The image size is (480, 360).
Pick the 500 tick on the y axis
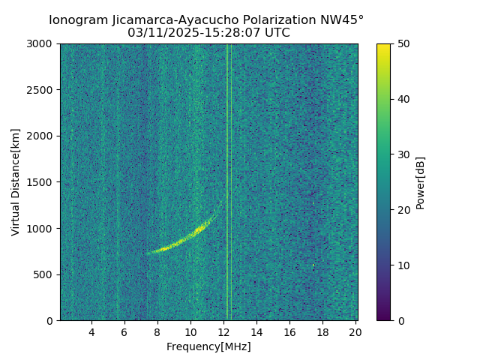click(46, 274)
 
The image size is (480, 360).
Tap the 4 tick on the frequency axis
click(91, 331)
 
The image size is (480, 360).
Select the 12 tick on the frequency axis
click(223, 331)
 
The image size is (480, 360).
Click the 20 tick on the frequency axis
click(355, 331)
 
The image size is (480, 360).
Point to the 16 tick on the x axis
click(289, 331)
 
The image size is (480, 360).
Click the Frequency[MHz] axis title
click(208, 346)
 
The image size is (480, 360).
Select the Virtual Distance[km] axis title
click(16, 182)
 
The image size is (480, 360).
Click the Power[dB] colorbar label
click(420, 182)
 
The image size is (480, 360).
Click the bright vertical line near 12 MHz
click(227, 180)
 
